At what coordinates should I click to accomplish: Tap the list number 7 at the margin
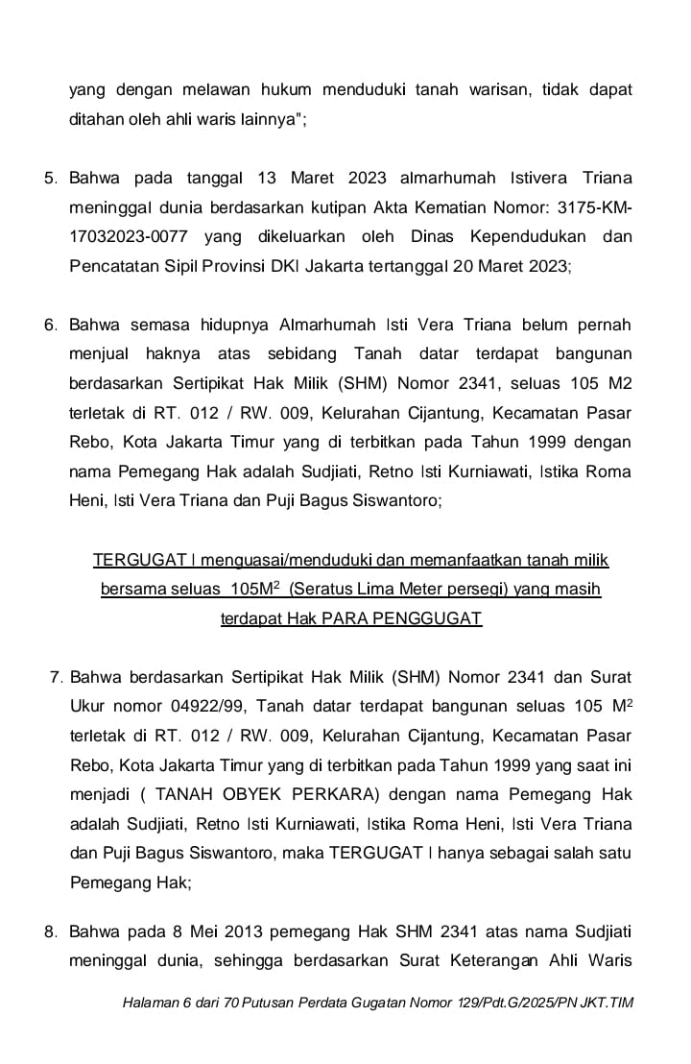pos(56,678)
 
